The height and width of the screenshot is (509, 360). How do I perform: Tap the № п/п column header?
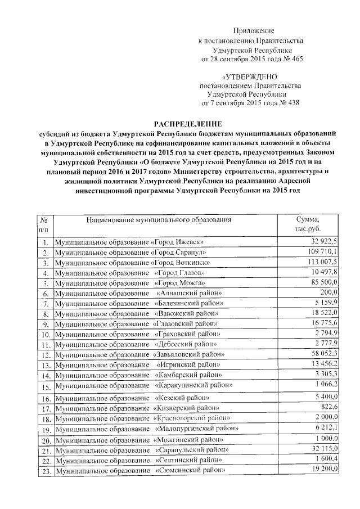pos(44,224)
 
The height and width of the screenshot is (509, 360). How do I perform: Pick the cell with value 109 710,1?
pos(321,252)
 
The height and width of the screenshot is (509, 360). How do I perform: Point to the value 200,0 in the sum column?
pos(328,292)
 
